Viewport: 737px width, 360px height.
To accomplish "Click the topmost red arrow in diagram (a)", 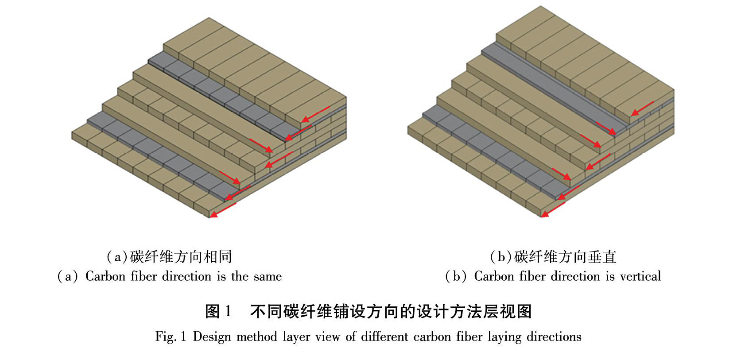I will (x=315, y=114).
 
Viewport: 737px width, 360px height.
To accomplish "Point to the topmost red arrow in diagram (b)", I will (x=642, y=108).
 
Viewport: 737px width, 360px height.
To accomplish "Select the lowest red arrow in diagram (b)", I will (x=554, y=209).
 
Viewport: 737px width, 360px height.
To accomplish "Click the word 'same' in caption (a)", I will (x=268, y=277).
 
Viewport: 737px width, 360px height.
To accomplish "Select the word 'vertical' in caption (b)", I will (x=640, y=277).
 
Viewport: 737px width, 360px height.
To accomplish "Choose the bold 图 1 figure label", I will (x=218, y=312).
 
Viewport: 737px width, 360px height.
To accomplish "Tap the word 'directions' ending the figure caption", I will (x=554, y=337).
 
